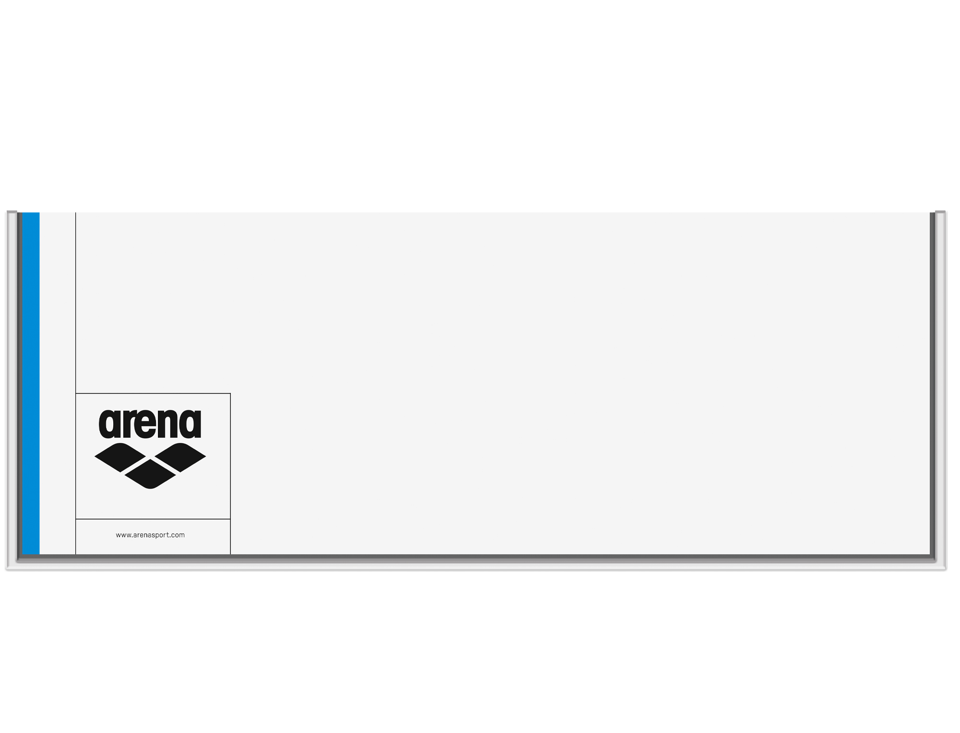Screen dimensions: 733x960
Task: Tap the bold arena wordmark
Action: pos(150,424)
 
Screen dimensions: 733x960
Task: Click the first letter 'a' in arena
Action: pos(108,425)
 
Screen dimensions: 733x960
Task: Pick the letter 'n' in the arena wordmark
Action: pos(168,425)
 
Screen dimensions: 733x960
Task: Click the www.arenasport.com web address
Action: pos(150,535)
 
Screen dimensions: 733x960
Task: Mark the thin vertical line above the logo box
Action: pos(76,302)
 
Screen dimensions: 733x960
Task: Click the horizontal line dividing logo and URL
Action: pos(153,519)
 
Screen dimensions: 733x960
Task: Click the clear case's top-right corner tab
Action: pos(940,212)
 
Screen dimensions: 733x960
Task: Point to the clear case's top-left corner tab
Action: pos(12,212)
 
